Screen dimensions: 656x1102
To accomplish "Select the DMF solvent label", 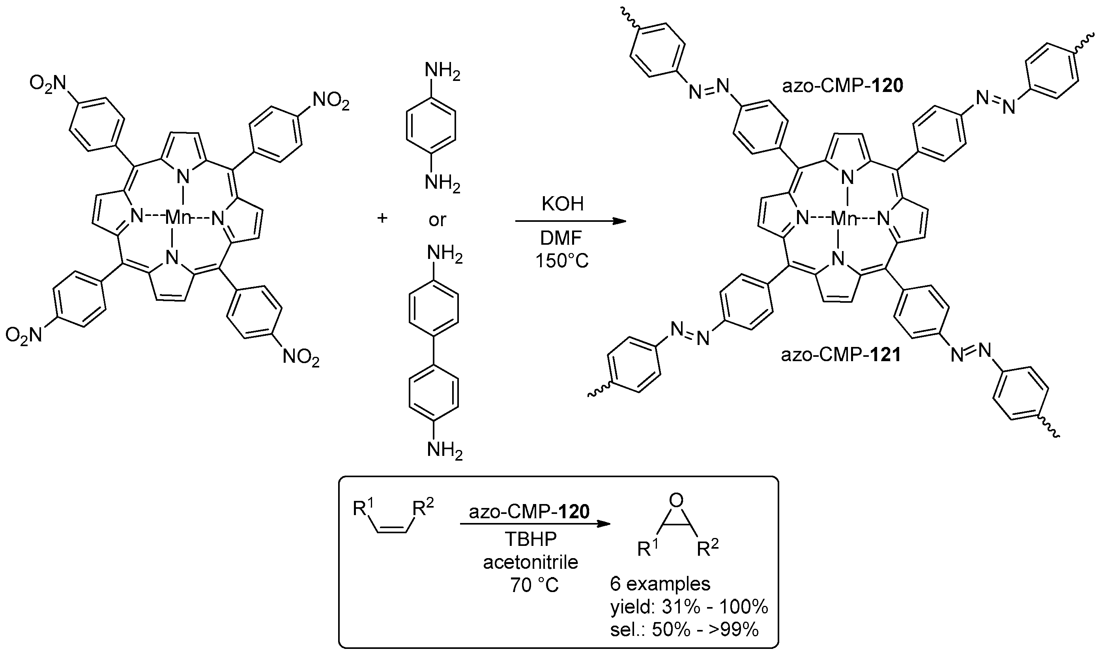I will tap(561, 239).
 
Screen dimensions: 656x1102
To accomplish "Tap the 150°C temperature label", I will tap(561, 261).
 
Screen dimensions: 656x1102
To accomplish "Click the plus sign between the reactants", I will tap(382, 218).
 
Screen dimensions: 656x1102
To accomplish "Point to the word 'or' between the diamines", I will tap(437, 220).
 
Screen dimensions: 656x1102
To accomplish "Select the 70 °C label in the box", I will tap(534, 585).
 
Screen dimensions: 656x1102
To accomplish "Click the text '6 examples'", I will tap(660, 584).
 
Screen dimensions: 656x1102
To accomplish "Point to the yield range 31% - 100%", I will tap(689, 607).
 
